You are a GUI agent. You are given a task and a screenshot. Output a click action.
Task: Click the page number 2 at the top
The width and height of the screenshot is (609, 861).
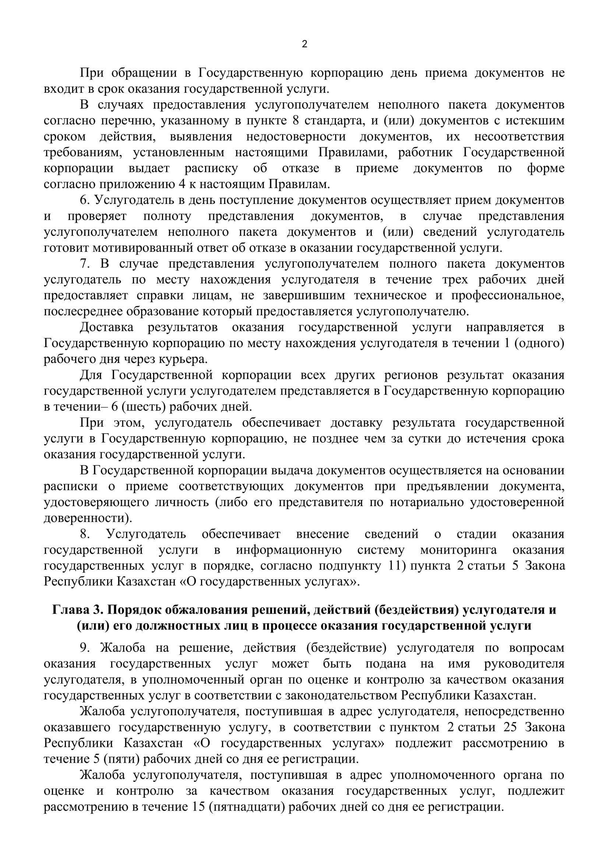(304, 44)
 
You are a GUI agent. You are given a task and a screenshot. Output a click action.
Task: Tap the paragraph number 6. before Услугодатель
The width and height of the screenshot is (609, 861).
(85, 200)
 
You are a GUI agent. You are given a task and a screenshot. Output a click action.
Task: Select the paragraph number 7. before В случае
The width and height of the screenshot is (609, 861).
(85, 264)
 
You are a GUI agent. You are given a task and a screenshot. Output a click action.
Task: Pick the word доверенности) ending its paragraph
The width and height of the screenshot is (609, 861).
(88, 518)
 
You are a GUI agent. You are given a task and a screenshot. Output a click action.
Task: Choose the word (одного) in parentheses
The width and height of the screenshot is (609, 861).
(539, 343)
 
